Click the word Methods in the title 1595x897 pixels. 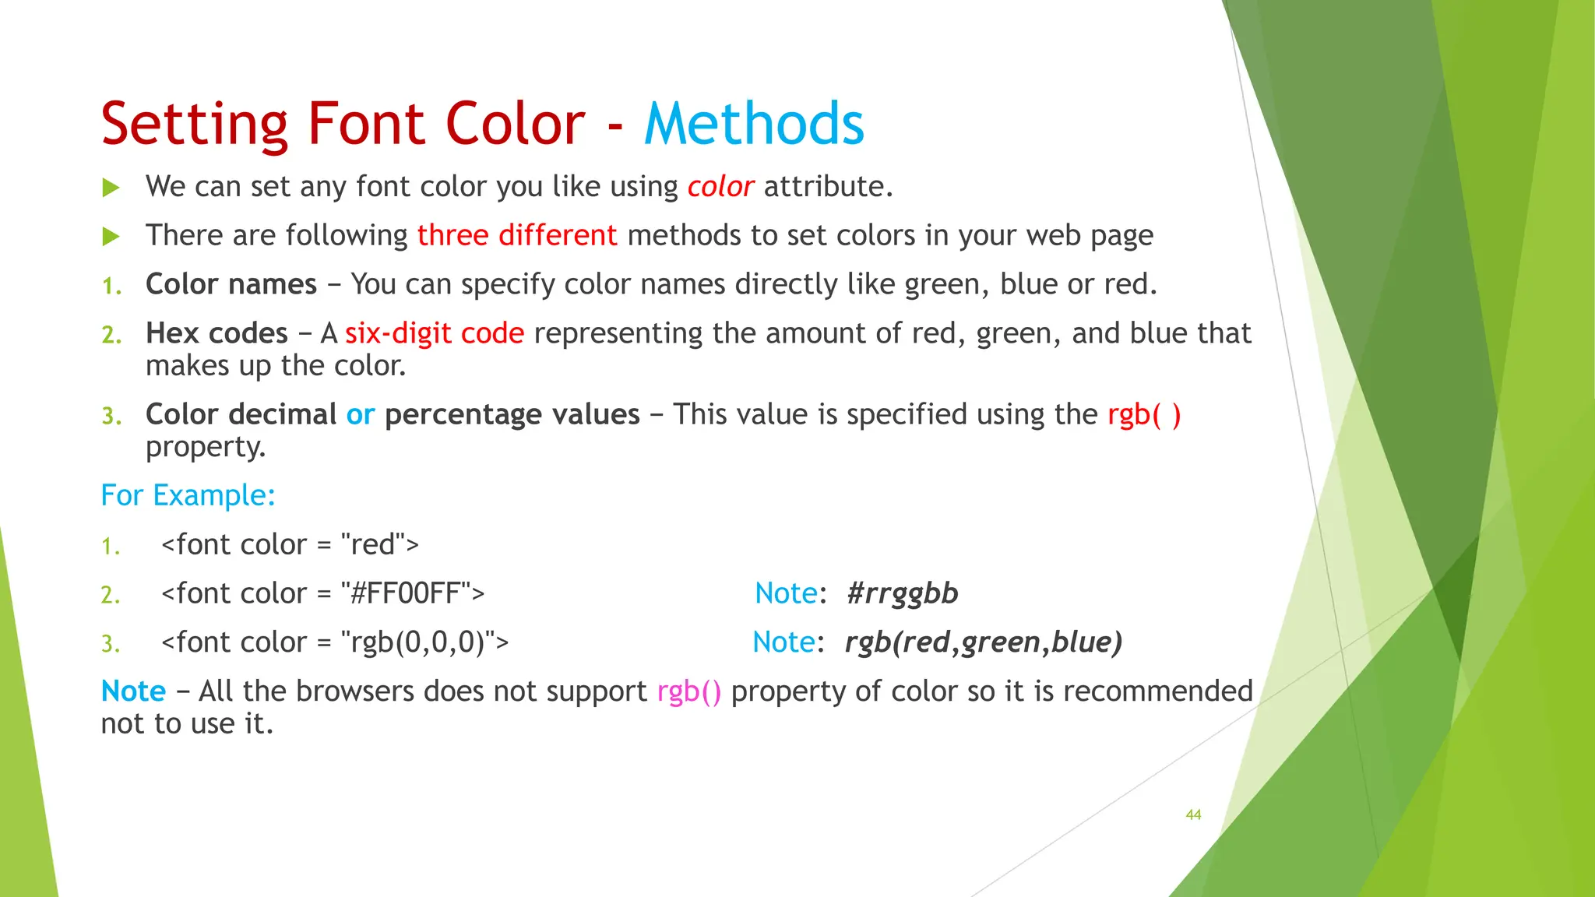754,124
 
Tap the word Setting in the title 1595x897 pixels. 195,124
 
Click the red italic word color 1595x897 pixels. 720,187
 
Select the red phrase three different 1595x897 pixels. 517,235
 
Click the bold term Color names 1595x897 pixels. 231,284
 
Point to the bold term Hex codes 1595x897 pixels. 217,333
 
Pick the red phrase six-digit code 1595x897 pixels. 435,333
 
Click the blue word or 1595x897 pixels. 361,414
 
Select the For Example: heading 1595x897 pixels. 188,495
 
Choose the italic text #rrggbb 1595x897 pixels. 902,593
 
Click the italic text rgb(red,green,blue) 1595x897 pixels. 984,642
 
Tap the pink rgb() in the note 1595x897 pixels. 689,691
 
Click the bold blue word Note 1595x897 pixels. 133,691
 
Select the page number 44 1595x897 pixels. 1193,814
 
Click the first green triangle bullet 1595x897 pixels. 111,188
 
